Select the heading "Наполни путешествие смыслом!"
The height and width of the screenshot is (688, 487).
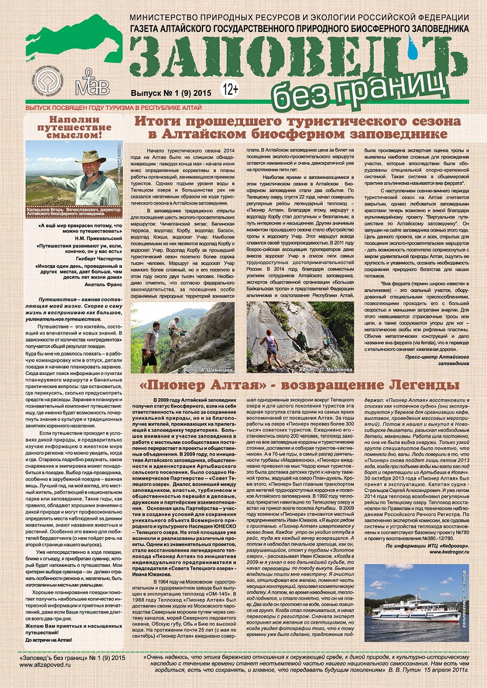click(x=74, y=127)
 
